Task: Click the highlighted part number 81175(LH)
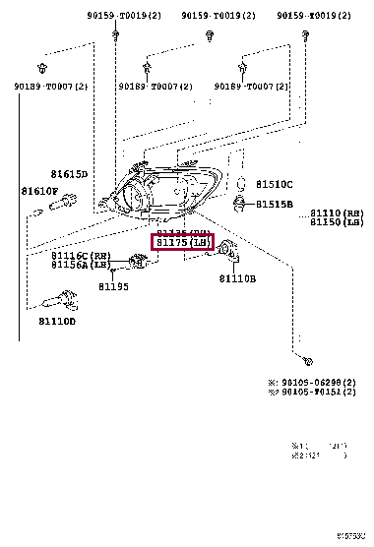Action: coord(182,243)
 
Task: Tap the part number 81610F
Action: coord(39,191)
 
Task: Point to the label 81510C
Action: coord(275,184)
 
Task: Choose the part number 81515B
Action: coord(275,204)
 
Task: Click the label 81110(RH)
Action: coord(338,213)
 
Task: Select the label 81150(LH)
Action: coord(338,223)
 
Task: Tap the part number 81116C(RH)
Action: coord(79,255)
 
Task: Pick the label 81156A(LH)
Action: coord(79,265)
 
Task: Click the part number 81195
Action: coord(113,287)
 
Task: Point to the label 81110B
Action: coord(237,278)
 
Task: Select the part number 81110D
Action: coord(57,321)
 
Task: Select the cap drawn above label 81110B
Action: coord(229,250)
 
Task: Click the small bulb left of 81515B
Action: coord(239,204)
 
